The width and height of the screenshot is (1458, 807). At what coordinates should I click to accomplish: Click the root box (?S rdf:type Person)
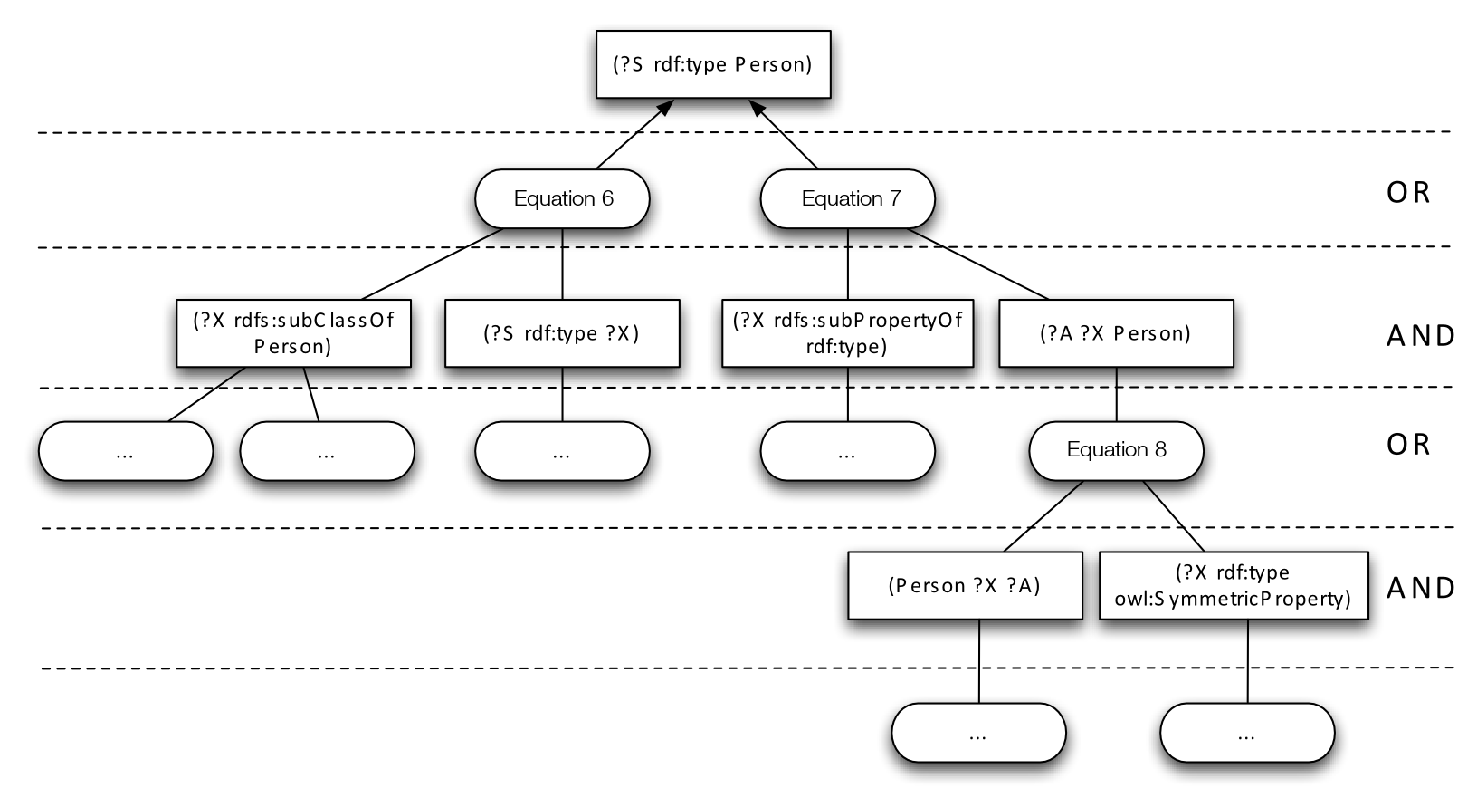click(712, 65)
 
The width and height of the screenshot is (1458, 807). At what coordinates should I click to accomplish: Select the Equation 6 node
click(562, 198)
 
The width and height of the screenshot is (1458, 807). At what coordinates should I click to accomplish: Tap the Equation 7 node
click(847, 198)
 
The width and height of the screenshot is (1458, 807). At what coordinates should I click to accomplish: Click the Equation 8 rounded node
click(1116, 450)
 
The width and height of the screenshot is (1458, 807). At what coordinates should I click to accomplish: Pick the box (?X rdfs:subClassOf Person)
click(293, 333)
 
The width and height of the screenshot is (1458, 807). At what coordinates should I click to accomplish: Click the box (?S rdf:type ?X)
click(562, 333)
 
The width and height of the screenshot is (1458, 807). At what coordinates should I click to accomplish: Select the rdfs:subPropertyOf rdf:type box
click(847, 333)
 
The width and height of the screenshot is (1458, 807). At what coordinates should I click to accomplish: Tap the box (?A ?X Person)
click(1116, 333)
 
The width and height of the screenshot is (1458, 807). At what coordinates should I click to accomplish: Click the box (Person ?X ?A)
click(965, 586)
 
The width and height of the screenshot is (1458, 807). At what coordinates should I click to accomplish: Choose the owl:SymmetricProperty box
click(1234, 586)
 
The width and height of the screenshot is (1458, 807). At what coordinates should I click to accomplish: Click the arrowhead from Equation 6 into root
click(665, 106)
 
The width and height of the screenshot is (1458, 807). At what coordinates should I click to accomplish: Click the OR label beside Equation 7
click(1408, 193)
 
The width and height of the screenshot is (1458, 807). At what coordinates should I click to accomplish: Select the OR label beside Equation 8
click(1408, 445)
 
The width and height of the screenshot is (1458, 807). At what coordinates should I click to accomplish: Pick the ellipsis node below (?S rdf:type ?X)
click(562, 451)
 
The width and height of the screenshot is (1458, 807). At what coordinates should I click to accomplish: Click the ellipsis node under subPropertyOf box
click(847, 451)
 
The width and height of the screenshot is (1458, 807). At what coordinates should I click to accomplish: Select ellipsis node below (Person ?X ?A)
click(978, 734)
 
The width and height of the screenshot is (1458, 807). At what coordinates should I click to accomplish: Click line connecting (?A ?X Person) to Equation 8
click(1116, 394)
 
